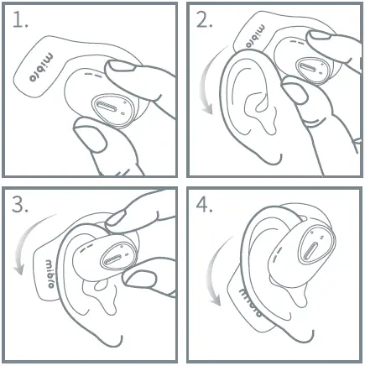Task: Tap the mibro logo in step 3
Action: [x=50, y=273]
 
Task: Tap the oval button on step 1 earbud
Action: [x=110, y=107]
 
